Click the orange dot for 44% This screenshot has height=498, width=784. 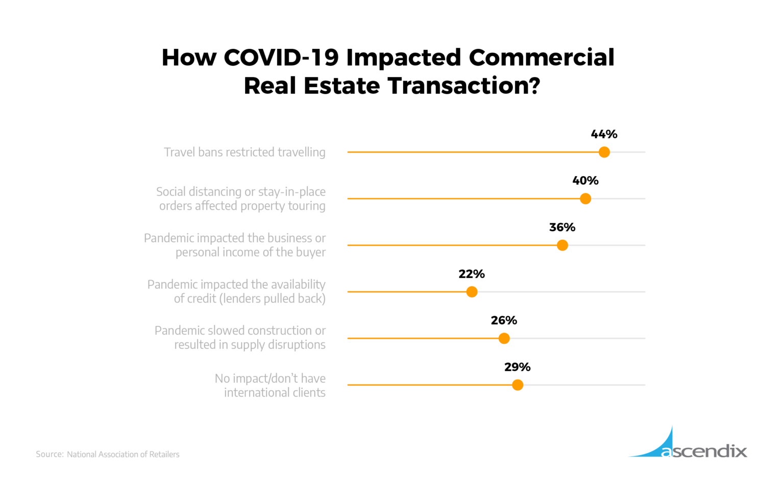coord(604,152)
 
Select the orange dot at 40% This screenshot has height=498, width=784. coord(585,198)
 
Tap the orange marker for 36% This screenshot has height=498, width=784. coord(562,245)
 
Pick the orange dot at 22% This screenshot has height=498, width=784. coord(472,292)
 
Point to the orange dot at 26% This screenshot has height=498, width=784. coord(504,338)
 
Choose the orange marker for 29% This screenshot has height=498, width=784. coord(517,385)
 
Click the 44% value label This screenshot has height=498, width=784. coord(604,134)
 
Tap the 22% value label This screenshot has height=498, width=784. coord(472,274)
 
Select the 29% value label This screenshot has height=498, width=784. coord(517,367)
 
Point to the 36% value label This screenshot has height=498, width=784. coord(562,228)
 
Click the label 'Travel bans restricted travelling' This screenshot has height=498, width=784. coord(244,152)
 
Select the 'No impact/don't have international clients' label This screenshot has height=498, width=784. coord(270,385)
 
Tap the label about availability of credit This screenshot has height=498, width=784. coord(236,291)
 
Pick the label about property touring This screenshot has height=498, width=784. coord(241,198)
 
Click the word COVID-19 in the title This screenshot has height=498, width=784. coord(281,57)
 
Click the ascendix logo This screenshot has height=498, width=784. coord(689,444)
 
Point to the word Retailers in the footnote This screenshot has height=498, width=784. coord(164,454)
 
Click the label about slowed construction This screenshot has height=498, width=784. coord(240,338)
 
